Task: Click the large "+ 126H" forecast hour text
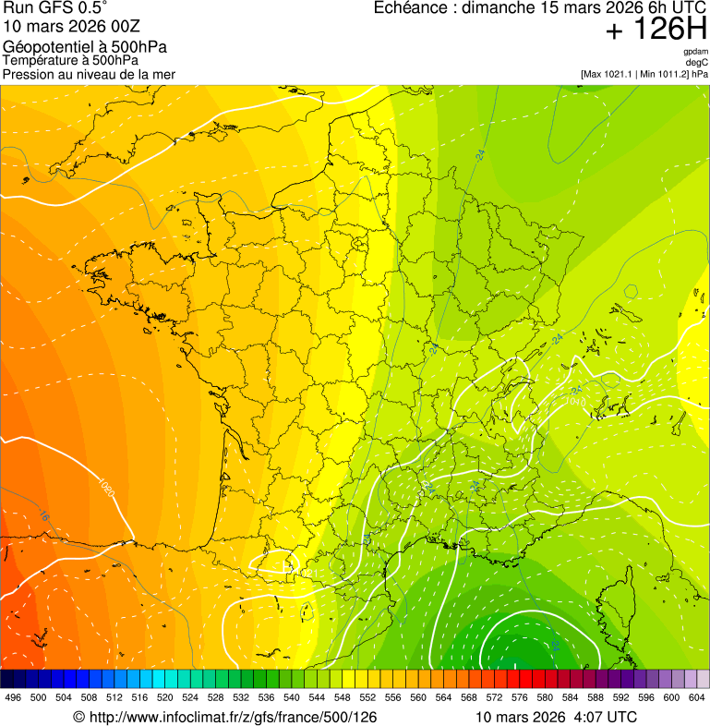point(656,30)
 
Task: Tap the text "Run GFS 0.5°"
point(55,8)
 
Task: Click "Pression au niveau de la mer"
point(89,74)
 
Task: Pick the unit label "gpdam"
point(695,52)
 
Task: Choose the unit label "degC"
point(697,62)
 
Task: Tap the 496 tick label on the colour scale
point(13,697)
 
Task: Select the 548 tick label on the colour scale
point(342,697)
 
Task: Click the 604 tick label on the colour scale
point(696,697)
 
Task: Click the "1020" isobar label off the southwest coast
point(106,487)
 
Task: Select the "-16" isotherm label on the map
point(42,517)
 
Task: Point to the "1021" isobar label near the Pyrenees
point(307,575)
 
